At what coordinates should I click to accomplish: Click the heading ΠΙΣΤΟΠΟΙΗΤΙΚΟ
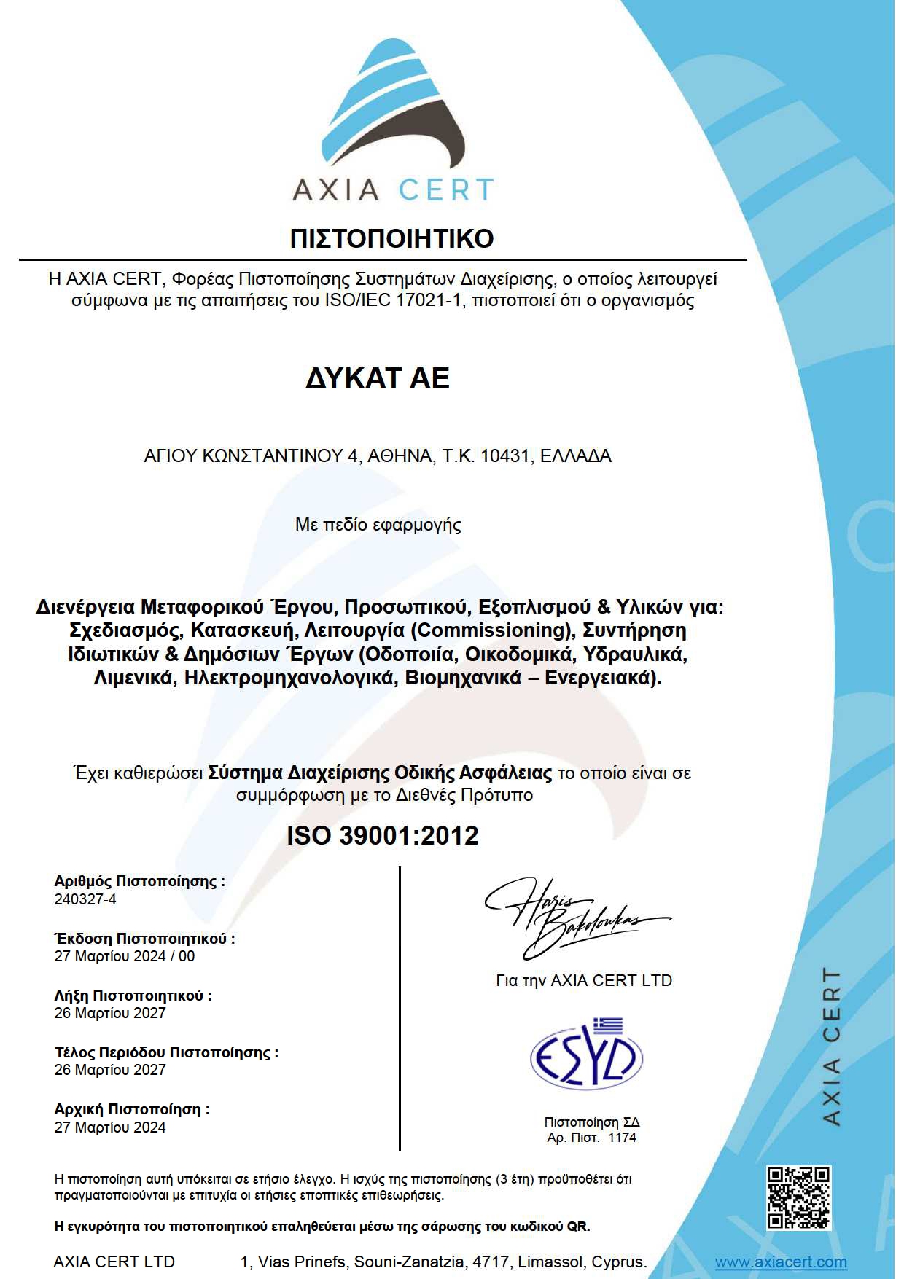coord(391,238)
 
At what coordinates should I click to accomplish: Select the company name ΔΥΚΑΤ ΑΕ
coord(377,378)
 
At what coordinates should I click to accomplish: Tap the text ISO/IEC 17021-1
coord(393,300)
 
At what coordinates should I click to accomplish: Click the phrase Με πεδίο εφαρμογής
coord(378,525)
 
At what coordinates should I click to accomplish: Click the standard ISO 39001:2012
coord(383,835)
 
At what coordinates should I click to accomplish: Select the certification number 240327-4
coord(85,899)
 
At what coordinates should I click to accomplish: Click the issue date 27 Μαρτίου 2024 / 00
coord(125,956)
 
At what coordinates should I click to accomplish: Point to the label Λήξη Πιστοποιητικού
coord(133,996)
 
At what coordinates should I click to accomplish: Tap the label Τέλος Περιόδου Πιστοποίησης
coord(166,1052)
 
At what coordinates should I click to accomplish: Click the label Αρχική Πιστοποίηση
coord(132,1109)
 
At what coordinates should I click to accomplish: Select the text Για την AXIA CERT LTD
coord(584,981)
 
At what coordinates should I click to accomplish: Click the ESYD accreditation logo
coord(586,1054)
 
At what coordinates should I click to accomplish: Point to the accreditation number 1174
coord(622,1138)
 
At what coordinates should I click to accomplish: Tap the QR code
coord(799,1198)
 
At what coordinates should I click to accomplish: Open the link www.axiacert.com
coord(780,1262)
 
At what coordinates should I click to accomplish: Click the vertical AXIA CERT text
coord(831,1046)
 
